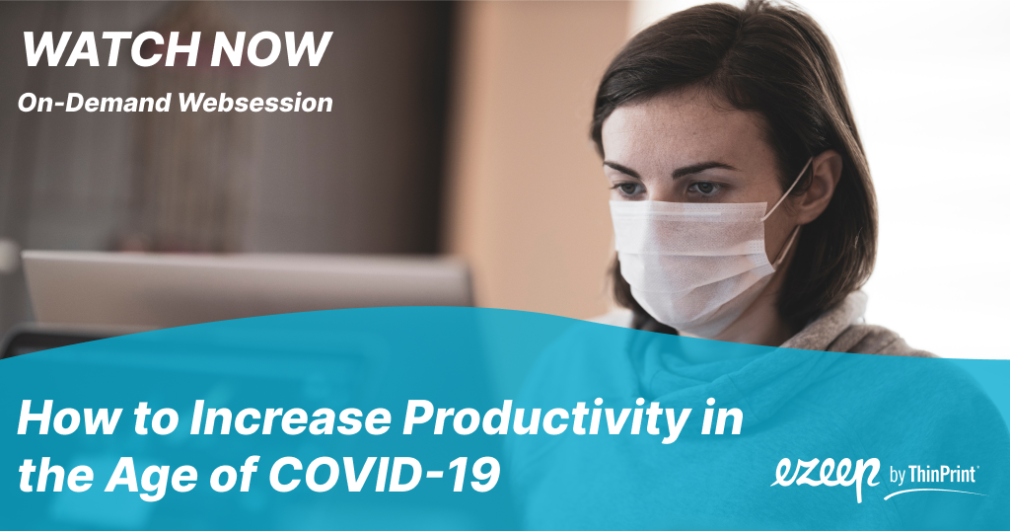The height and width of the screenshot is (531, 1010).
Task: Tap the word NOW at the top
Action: [x=270, y=49]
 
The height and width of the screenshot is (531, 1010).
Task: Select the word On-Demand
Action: [x=95, y=103]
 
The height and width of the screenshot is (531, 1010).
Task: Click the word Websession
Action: [x=255, y=103]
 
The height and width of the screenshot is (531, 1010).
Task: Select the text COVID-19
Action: [x=385, y=476]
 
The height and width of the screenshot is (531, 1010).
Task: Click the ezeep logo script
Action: [x=826, y=477]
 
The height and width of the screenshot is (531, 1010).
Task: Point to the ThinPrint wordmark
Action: [x=942, y=475]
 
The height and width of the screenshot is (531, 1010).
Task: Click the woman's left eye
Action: [x=704, y=188]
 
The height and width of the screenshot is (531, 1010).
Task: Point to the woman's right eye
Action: [x=628, y=189]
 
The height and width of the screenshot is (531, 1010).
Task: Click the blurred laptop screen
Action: [x=245, y=283]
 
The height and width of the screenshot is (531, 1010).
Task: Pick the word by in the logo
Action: [x=898, y=477]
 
